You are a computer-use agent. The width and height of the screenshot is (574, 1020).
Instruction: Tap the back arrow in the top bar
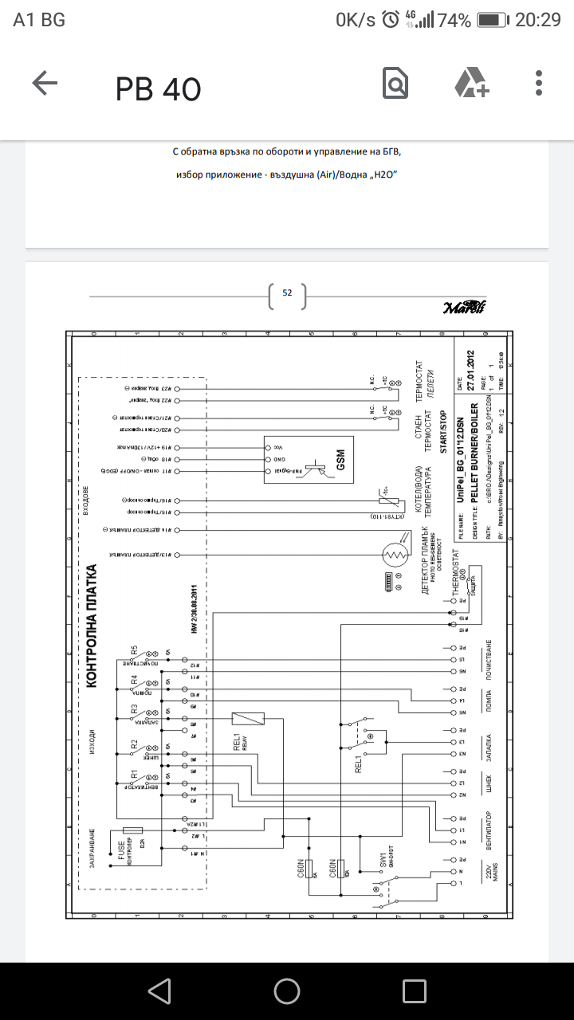[x=45, y=84]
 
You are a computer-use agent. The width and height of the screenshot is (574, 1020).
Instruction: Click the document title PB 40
[x=159, y=89]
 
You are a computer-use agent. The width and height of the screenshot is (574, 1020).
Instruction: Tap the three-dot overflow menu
[x=540, y=84]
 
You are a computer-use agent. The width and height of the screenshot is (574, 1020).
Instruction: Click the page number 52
[x=288, y=293]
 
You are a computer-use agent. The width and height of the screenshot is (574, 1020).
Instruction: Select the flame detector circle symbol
[x=392, y=551]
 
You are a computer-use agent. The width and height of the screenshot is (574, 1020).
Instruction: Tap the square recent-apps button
[x=415, y=991]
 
